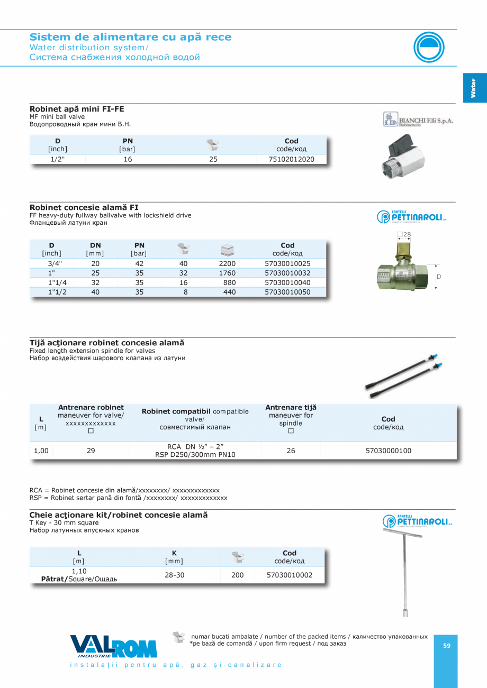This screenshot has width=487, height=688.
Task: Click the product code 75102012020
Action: tap(291, 159)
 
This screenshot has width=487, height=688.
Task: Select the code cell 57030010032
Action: tap(287, 273)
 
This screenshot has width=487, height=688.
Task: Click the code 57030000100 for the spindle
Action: tap(388, 451)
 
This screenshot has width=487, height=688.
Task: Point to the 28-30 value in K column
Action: tap(174, 575)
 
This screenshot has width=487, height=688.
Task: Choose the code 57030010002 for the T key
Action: tap(290, 575)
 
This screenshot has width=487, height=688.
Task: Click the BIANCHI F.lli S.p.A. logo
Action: tap(418, 120)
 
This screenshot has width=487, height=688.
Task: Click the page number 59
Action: tap(447, 646)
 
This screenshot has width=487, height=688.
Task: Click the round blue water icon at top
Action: tap(429, 47)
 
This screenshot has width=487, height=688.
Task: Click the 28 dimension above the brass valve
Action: tap(407, 234)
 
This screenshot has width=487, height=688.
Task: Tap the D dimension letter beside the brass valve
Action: tap(439, 276)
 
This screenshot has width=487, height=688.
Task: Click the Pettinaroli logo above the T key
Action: tap(418, 521)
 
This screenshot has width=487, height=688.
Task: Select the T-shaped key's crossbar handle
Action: tap(403, 533)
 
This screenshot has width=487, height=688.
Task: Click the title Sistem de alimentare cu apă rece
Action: tap(130, 37)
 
